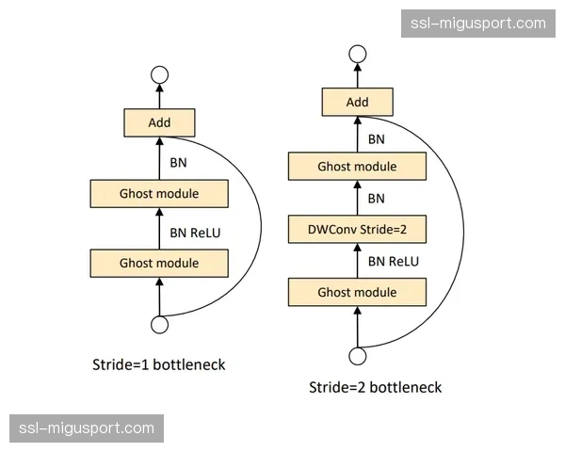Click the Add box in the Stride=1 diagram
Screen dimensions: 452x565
point(159,122)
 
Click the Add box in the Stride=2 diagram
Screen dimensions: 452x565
point(357,101)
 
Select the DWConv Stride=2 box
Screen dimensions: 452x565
point(357,229)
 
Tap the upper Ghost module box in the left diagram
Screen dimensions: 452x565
point(159,194)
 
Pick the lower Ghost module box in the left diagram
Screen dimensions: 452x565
point(159,263)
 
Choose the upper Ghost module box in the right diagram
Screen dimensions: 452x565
point(357,167)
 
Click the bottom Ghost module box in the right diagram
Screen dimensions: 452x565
point(357,292)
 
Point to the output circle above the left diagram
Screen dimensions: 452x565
point(159,74)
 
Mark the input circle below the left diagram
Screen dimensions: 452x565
point(159,325)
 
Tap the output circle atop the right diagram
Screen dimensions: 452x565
point(357,56)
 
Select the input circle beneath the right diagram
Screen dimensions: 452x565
point(357,356)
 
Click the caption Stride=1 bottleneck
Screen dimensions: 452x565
point(158,364)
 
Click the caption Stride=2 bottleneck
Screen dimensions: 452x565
point(375,387)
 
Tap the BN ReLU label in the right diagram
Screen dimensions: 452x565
point(393,261)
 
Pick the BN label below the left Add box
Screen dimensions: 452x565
point(178,162)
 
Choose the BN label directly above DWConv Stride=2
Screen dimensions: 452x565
point(376,199)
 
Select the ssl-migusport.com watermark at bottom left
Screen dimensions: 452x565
point(86,428)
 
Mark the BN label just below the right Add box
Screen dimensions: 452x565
point(376,138)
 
